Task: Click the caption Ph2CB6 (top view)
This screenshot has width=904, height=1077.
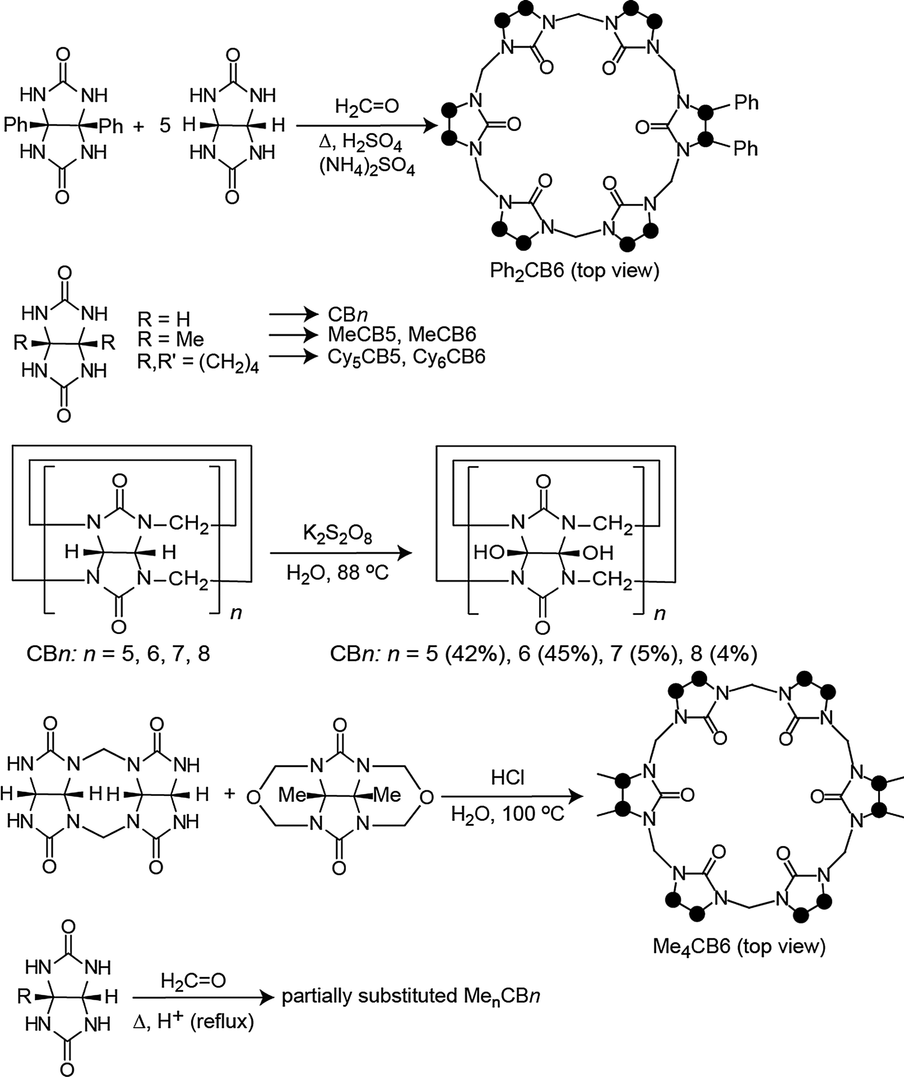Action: click(x=574, y=271)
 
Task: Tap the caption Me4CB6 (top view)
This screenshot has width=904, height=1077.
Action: click(x=739, y=946)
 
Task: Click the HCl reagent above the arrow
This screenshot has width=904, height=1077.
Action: click(x=507, y=777)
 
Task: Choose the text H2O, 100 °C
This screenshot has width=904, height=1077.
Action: click(x=507, y=813)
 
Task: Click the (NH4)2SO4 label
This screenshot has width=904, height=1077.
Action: click(x=367, y=168)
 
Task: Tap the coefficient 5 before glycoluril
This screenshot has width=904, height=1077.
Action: click(x=165, y=125)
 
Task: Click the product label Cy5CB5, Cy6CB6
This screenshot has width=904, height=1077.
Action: click(x=406, y=357)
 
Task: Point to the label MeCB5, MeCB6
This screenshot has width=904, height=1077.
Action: click(x=401, y=334)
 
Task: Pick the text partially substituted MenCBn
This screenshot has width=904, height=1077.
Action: click(x=410, y=997)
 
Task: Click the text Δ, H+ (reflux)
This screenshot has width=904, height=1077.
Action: click(x=193, y=1021)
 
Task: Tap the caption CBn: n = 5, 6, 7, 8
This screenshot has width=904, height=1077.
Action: click(x=118, y=654)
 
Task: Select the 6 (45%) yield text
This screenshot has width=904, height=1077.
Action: click(x=557, y=654)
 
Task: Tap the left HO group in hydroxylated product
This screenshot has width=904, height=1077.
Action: click(x=489, y=553)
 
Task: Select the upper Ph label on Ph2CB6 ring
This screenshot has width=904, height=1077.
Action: click(x=746, y=103)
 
